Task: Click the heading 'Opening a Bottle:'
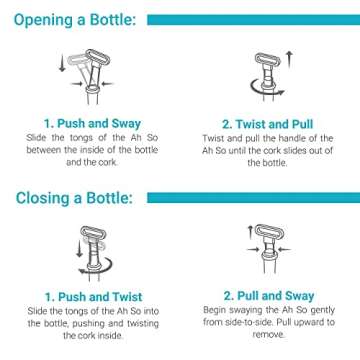[x=72, y=19]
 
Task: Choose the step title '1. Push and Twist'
[x=91, y=297]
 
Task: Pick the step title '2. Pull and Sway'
[x=267, y=297]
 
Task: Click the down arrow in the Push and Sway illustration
[x=62, y=65]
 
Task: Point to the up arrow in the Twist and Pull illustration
[x=290, y=61]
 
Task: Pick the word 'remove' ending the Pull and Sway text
[x=267, y=337]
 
